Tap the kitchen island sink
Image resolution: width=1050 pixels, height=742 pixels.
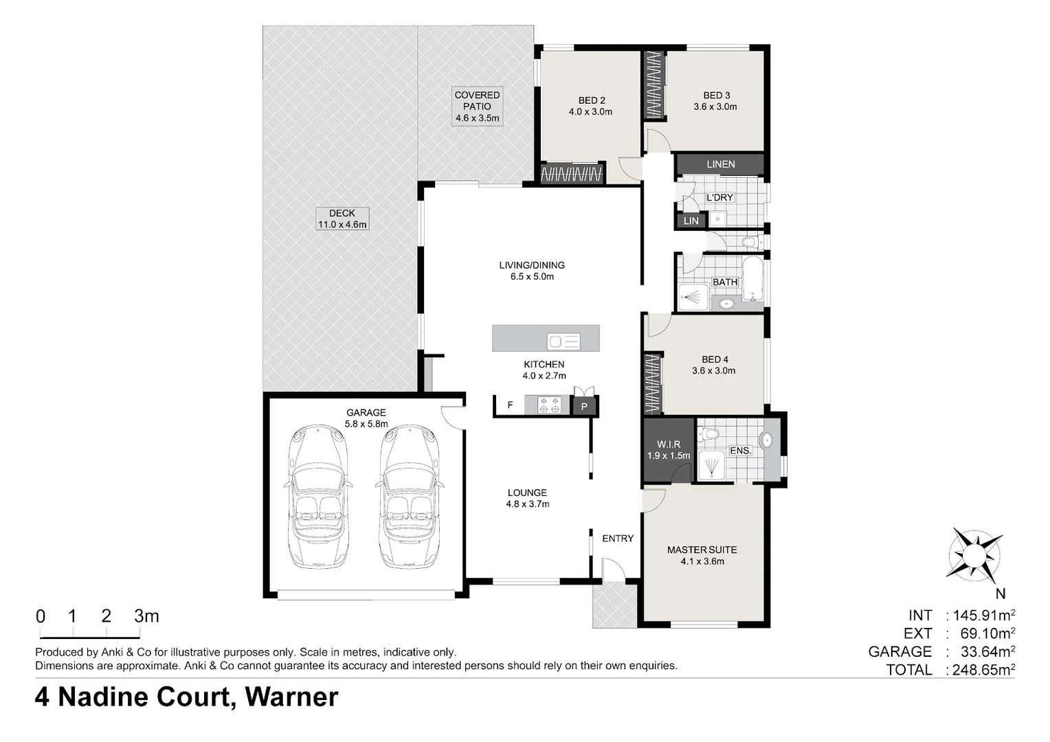click(563, 341)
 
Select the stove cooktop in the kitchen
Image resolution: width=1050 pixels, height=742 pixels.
click(549, 405)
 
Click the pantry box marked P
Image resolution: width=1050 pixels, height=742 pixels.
click(584, 407)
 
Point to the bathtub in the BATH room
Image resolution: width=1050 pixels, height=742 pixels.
click(753, 278)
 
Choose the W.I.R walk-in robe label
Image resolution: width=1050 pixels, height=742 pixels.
click(669, 450)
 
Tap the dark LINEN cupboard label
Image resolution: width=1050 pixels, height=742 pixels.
click(720, 164)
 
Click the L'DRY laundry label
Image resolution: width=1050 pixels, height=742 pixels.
click(719, 197)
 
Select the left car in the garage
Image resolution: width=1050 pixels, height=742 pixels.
click(318, 497)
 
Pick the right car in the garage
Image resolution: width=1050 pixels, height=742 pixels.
click(410, 497)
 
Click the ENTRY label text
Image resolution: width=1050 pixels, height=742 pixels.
click(618, 539)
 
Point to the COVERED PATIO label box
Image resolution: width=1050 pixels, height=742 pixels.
click(477, 106)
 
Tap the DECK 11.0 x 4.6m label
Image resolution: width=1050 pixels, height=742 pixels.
click(342, 219)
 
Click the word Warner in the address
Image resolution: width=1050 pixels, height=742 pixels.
click(291, 697)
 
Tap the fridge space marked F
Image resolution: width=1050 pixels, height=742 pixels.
click(510, 405)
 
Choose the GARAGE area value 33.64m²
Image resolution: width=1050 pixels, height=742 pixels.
click(987, 651)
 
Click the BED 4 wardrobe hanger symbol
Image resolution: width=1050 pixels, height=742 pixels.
click(652, 384)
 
